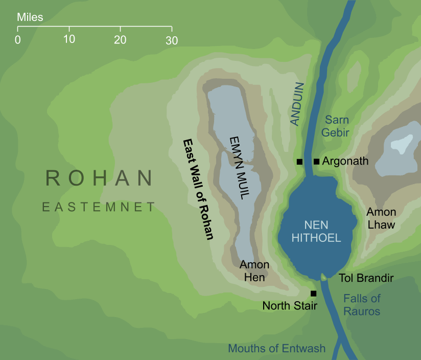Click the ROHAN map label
tap(99, 178)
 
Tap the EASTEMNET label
tap(99, 207)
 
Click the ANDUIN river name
tap(296, 104)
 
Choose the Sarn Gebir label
tap(337, 126)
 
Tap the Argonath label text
tap(345, 161)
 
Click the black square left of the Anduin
tap(300, 162)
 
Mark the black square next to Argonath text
tap(316, 162)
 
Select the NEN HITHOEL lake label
tap(315, 231)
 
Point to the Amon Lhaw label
tap(381, 218)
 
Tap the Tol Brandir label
tap(366, 278)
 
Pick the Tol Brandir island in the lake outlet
tap(323, 277)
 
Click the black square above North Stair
tap(313, 294)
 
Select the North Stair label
tap(290, 306)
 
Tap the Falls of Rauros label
tap(362, 305)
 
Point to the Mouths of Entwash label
tap(276, 349)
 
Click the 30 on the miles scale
tap(172, 39)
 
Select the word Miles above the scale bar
tap(30, 17)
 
